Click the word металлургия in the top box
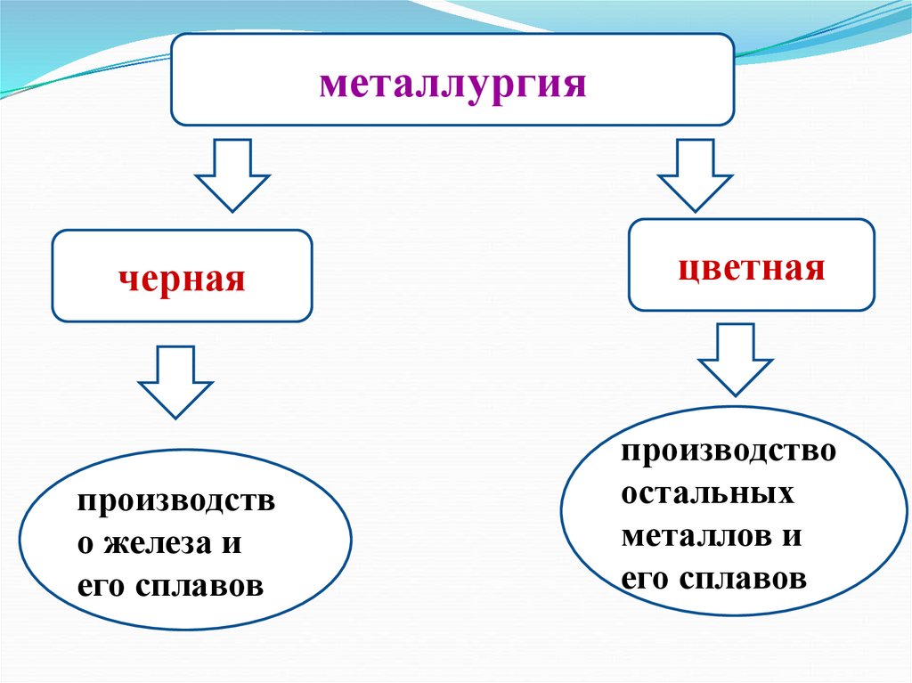pos(452,86)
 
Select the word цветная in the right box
pos(752,267)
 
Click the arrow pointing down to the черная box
pos(232,174)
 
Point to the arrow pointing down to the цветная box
pos(695,174)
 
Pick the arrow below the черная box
pos(175,381)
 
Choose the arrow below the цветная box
pos(735,358)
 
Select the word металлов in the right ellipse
pos(691,537)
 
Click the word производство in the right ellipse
pos(729,451)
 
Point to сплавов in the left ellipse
pos(200,587)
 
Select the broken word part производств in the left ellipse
pos(176,502)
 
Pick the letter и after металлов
pos(793,537)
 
